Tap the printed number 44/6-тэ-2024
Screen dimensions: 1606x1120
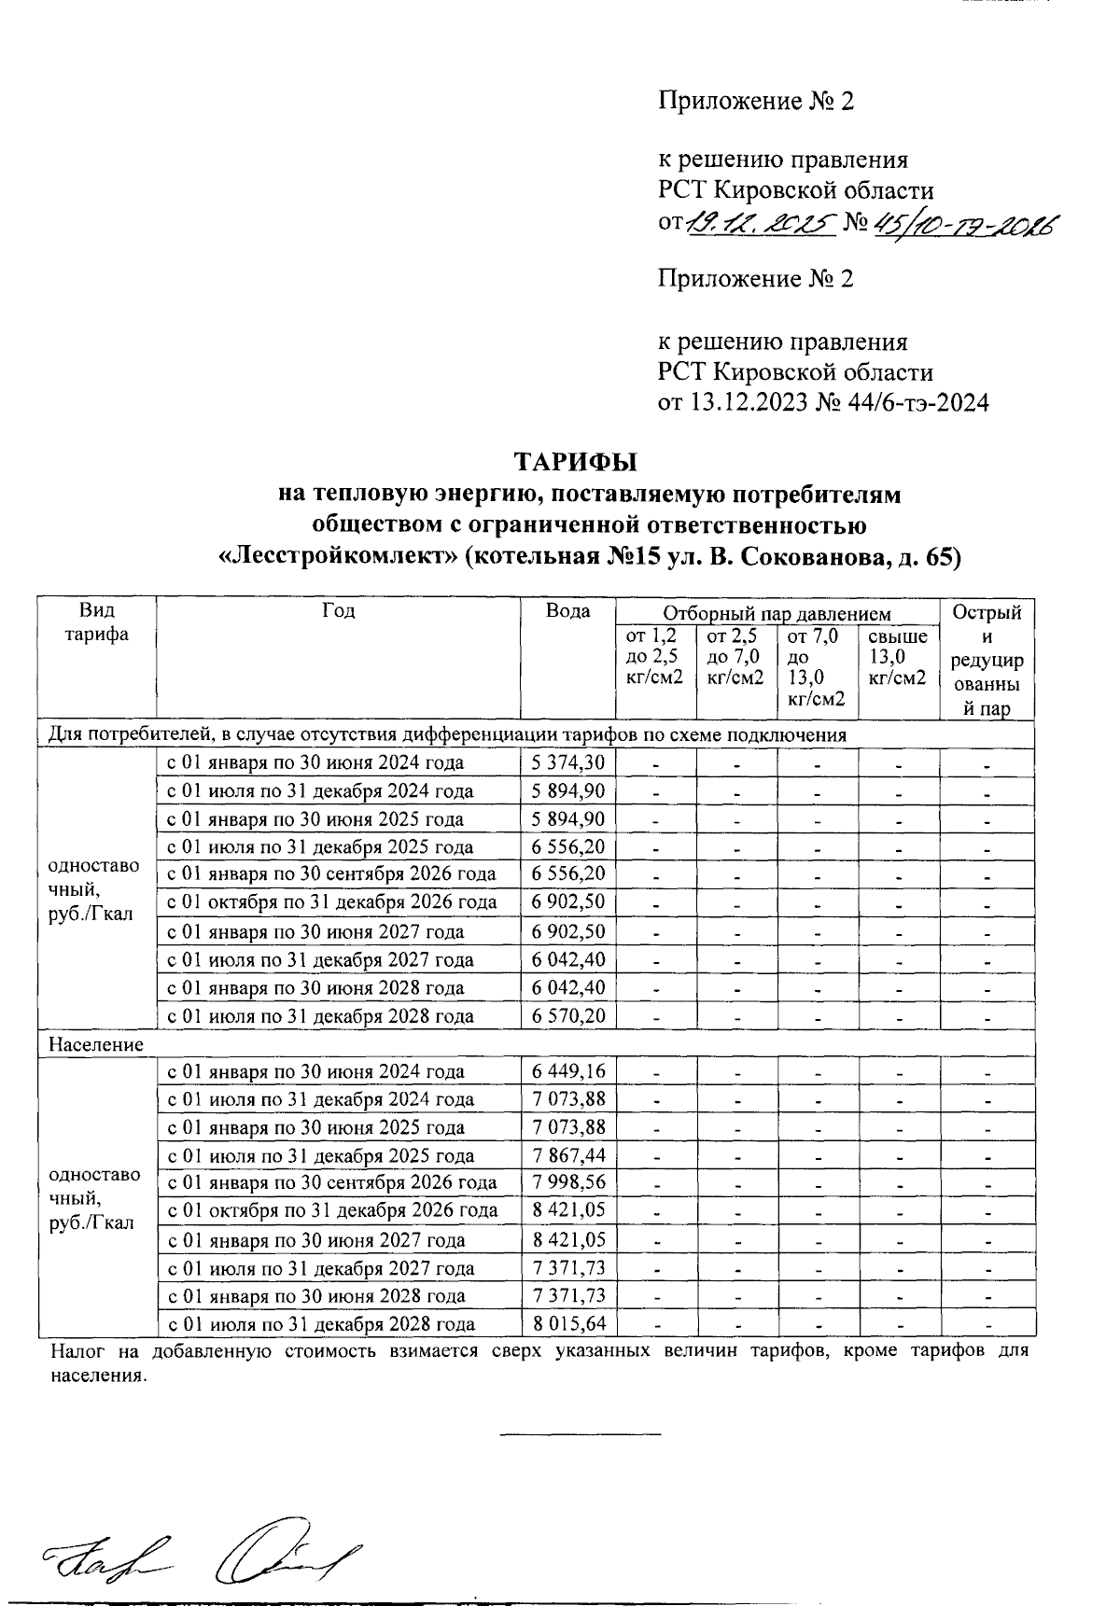(x=918, y=402)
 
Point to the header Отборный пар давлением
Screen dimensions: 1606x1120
(x=777, y=613)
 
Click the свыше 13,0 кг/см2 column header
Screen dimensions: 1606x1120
(x=897, y=657)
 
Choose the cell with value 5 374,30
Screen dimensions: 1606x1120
(x=567, y=762)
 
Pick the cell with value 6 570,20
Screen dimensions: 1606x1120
(x=567, y=1015)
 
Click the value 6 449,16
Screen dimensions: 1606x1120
(x=567, y=1071)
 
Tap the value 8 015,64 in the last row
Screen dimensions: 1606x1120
(x=567, y=1323)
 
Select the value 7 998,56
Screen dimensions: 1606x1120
(x=567, y=1182)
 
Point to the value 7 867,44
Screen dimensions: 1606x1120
(x=567, y=1155)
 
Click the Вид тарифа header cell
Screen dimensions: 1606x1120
(x=97, y=622)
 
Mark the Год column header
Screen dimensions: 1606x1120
(x=338, y=611)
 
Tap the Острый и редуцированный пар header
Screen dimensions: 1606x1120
(x=987, y=660)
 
